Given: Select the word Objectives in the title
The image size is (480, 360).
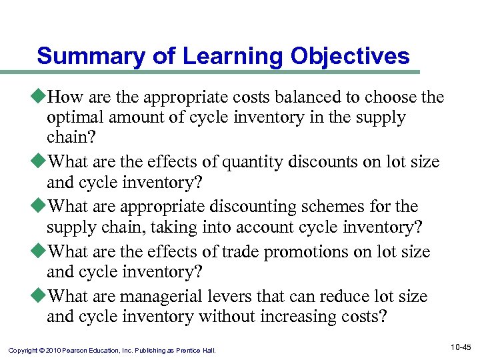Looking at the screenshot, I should tap(350, 56).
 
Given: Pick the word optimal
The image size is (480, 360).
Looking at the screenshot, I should tap(74, 117).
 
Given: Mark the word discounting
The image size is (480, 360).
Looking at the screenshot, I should tap(257, 207).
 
